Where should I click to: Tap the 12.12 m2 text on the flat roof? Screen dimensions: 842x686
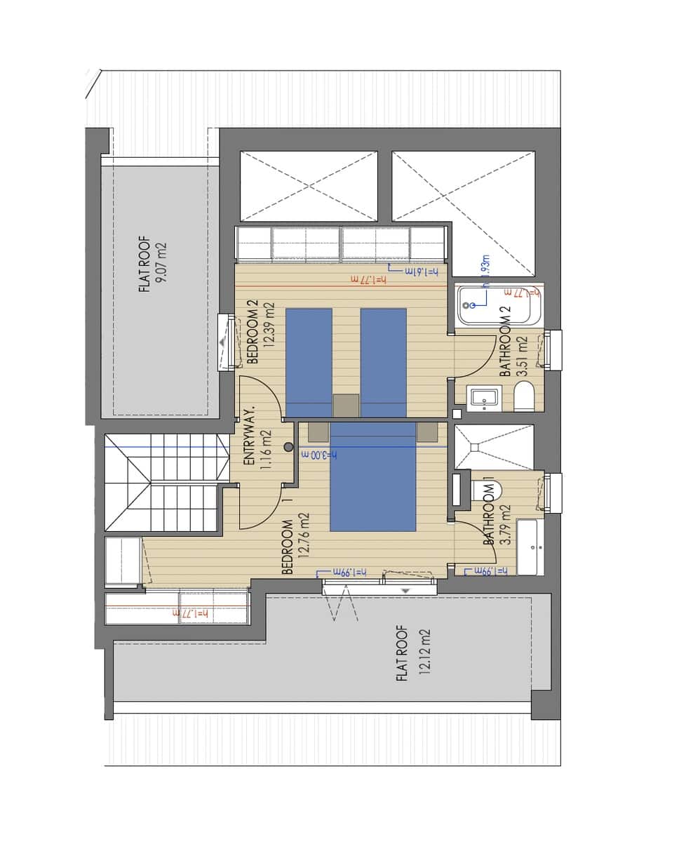coord(424,651)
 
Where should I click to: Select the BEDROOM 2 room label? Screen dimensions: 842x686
coord(253,333)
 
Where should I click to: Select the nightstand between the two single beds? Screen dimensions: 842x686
coord(346,406)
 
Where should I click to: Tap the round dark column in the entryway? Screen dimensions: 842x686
coord(288,447)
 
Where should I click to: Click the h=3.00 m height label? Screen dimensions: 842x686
coord(320,455)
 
